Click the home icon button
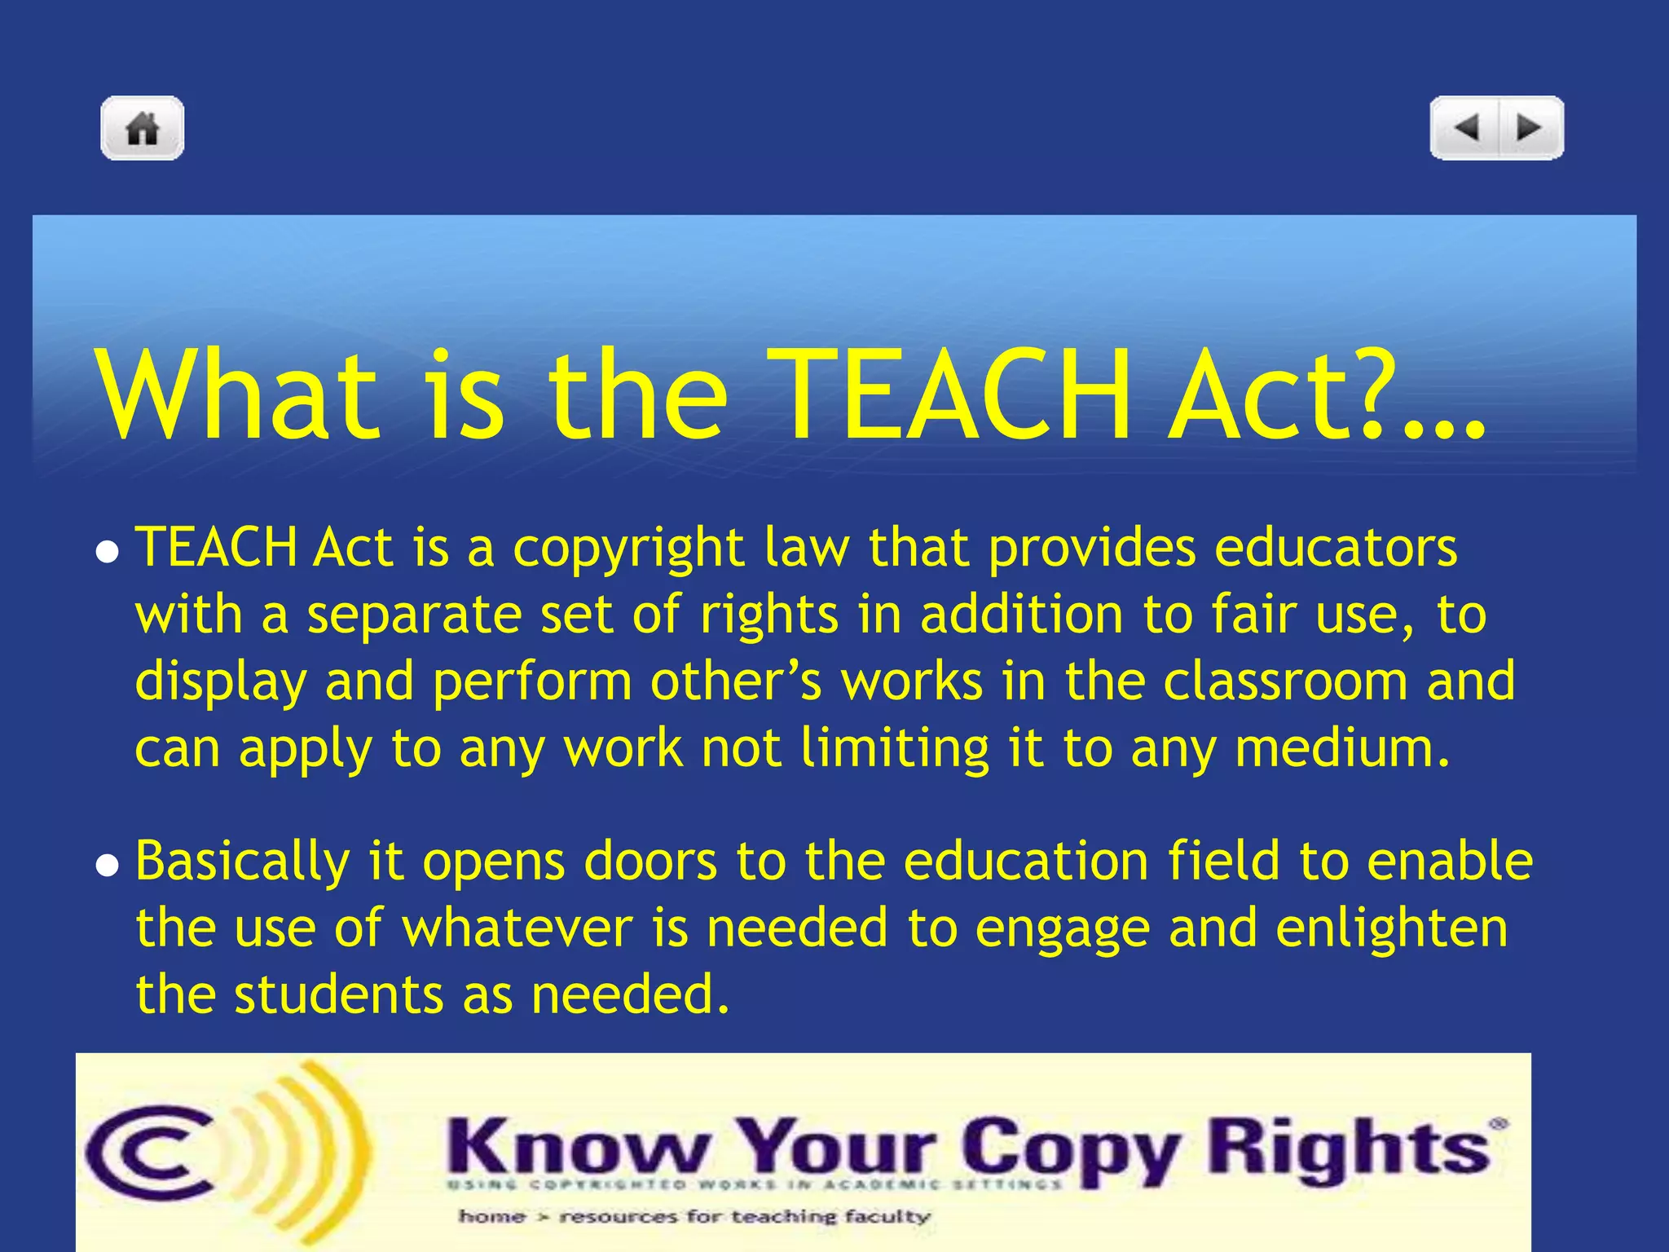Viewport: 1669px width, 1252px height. point(143,128)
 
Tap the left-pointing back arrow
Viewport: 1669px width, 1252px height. point(1466,128)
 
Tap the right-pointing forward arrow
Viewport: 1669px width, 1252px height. point(1529,128)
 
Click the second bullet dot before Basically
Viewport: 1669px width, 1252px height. point(107,866)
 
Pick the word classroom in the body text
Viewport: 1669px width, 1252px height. point(1285,681)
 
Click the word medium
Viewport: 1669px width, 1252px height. point(1342,748)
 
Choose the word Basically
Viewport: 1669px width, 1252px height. point(242,862)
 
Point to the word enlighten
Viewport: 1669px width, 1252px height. point(1392,929)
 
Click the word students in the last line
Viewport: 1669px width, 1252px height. point(339,995)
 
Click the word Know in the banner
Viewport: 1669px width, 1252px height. point(578,1148)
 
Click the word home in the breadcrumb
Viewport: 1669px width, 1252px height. point(492,1217)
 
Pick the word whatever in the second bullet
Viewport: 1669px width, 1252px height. point(517,928)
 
